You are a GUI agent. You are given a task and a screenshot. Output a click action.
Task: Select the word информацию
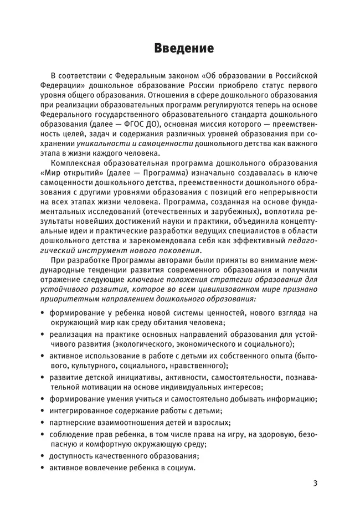click(x=288, y=399)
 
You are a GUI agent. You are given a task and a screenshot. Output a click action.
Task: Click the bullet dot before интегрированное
click(x=43, y=411)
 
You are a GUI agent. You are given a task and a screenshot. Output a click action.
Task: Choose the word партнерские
click(x=73, y=422)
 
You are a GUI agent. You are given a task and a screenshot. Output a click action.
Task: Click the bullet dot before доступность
click(x=43, y=456)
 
